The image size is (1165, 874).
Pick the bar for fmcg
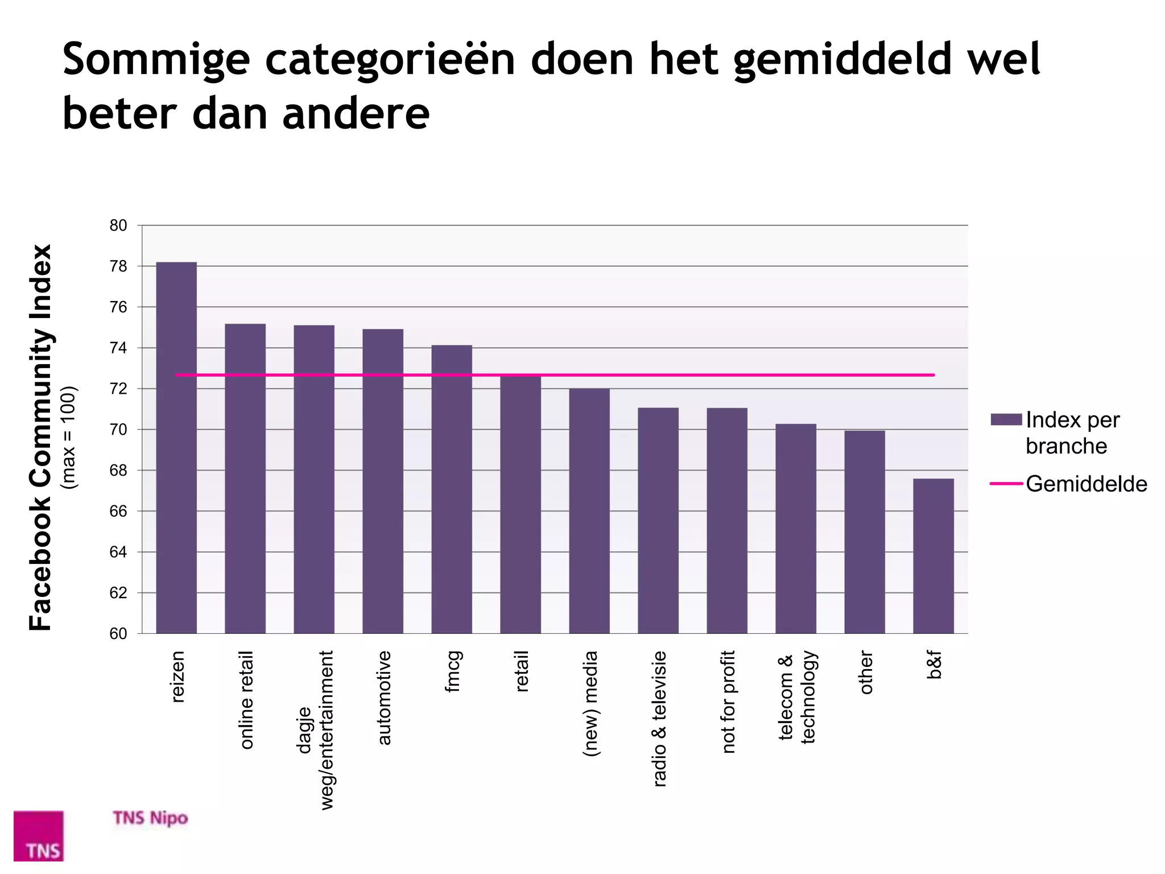click(452, 489)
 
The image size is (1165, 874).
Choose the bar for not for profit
click(727, 521)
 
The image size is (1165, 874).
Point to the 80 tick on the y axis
click(118, 226)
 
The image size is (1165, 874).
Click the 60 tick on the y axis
click(118, 634)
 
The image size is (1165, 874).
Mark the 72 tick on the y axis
click(118, 389)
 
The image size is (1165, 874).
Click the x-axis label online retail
click(246, 700)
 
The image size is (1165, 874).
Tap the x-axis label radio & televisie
click(659, 719)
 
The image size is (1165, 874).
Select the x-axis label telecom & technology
click(797, 697)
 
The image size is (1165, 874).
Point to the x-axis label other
click(866, 673)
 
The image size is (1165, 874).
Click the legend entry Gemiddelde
click(1086, 484)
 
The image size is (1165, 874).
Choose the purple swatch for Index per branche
click(1006, 420)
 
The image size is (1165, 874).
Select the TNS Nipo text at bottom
click(150, 818)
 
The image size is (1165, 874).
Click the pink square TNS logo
click(39, 835)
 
